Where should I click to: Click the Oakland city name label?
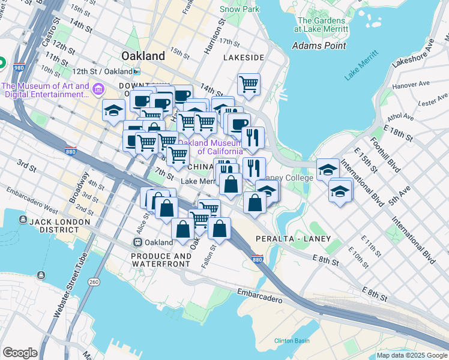143,56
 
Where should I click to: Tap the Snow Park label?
239,9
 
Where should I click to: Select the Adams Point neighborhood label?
319,46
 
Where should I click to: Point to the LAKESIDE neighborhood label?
244,58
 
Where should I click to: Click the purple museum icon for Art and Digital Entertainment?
98,90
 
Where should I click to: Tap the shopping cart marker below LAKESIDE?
249,84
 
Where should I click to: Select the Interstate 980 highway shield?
19,67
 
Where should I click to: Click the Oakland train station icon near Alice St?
137,242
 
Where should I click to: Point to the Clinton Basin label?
292,341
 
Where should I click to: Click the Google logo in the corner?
20,353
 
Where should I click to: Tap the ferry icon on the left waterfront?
40,275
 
